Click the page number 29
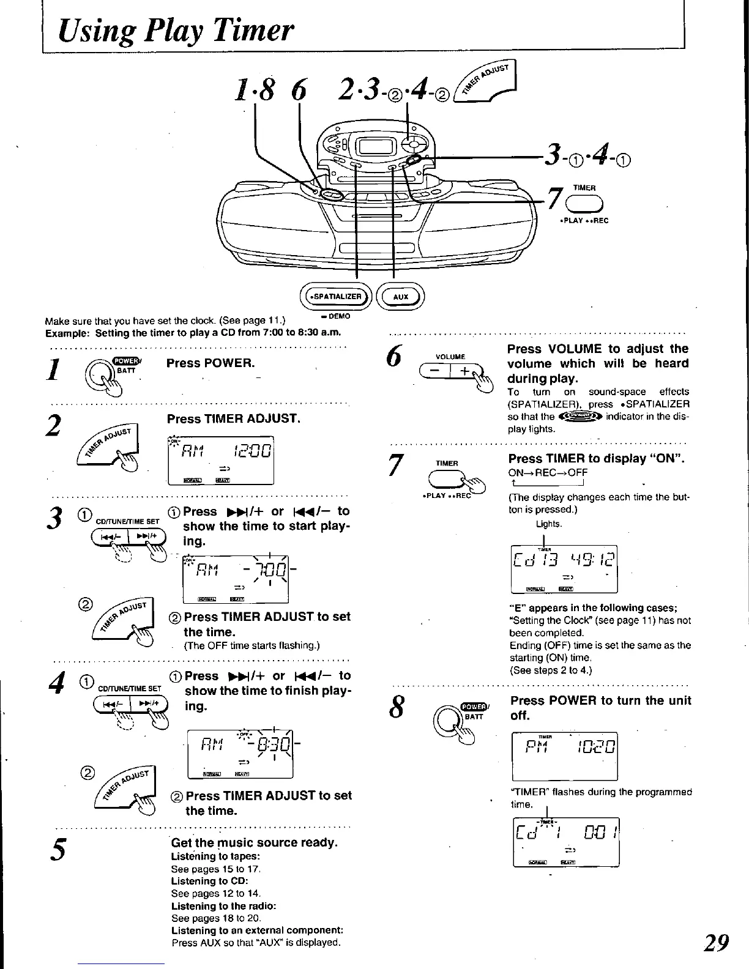[x=717, y=943]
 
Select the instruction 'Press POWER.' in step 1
[x=211, y=363]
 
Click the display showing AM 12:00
[x=220, y=460]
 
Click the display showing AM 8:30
[x=240, y=753]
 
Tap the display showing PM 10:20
[x=564, y=756]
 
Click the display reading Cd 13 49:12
[x=564, y=569]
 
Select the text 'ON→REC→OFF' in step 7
[x=548, y=473]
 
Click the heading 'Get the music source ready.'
[x=254, y=842]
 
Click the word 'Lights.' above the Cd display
[x=548, y=524]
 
